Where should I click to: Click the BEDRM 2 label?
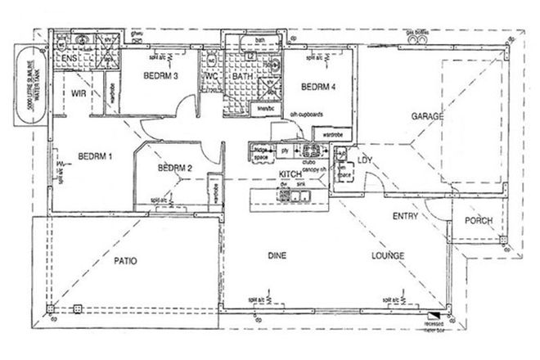(174, 169)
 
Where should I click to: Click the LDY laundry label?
(364, 160)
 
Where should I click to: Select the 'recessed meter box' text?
(440, 328)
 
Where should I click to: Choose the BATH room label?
(242, 77)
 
